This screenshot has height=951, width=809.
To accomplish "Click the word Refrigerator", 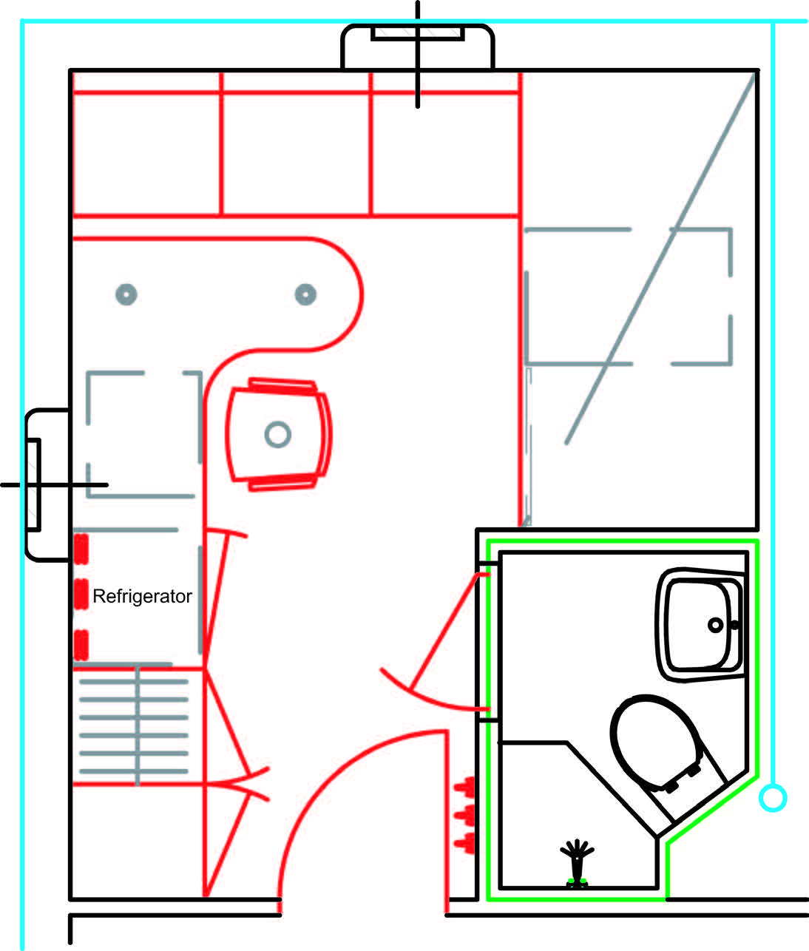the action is pyautogui.click(x=142, y=596).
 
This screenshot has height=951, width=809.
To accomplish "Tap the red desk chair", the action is pyautogui.click(x=278, y=434).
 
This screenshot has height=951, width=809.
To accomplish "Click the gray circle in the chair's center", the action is pyautogui.click(x=278, y=434).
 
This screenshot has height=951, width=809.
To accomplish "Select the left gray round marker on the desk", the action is pyautogui.click(x=126, y=294).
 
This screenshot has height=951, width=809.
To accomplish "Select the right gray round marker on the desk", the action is pyautogui.click(x=305, y=294).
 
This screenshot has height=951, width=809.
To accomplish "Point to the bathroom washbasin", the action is pyautogui.click(x=700, y=625).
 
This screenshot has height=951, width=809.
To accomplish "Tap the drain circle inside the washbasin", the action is pyautogui.click(x=715, y=625).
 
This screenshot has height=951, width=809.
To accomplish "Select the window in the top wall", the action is pyautogui.click(x=417, y=46).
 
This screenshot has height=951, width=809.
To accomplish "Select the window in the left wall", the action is pyautogui.click(x=47, y=485).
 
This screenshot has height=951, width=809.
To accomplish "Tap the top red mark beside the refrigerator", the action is pyautogui.click(x=81, y=549).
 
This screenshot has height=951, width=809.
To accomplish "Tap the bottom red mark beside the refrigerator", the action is pyautogui.click(x=81, y=645).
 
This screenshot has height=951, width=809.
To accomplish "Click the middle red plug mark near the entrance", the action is pyautogui.click(x=465, y=815).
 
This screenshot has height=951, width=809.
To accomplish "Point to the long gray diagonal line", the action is pyautogui.click(x=660, y=257).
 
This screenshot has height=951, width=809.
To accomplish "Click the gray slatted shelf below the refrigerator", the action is pyautogui.click(x=134, y=726).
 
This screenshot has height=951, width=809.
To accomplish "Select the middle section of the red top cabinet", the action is pyautogui.click(x=296, y=143).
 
